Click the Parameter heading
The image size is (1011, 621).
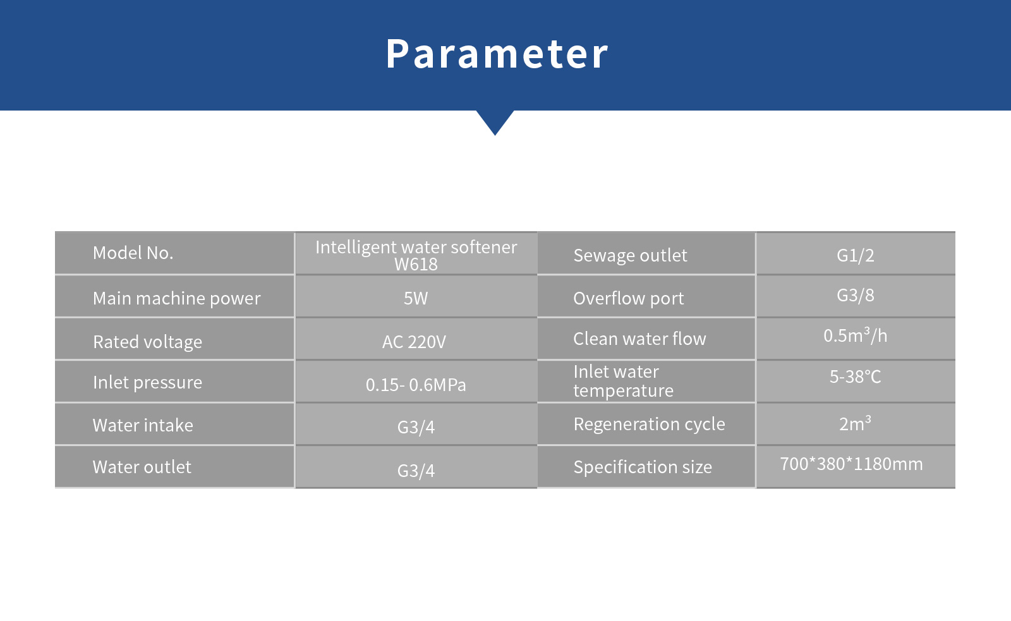point(497,54)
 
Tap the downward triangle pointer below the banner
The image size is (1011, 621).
point(495,122)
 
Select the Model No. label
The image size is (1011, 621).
point(133,253)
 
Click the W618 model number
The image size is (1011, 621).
point(416,265)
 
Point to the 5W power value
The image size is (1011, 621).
point(416,298)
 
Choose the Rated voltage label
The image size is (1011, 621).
point(148,342)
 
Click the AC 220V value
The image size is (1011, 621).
point(414,342)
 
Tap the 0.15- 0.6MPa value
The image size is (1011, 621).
point(416,385)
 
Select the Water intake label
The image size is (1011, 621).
point(143,425)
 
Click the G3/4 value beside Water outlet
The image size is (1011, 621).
point(416,471)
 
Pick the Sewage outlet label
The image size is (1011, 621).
point(630,255)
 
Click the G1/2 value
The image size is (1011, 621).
point(856,255)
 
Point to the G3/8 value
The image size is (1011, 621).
point(856,295)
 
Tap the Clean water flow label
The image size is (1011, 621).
point(639,339)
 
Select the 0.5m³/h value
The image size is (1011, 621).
point(856,335)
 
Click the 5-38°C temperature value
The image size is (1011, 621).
point(856,377)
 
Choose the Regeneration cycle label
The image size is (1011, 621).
point(649,425)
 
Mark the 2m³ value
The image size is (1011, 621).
point(856,423)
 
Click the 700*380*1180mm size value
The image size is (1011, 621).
point(851,464)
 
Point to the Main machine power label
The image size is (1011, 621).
point(176,298)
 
